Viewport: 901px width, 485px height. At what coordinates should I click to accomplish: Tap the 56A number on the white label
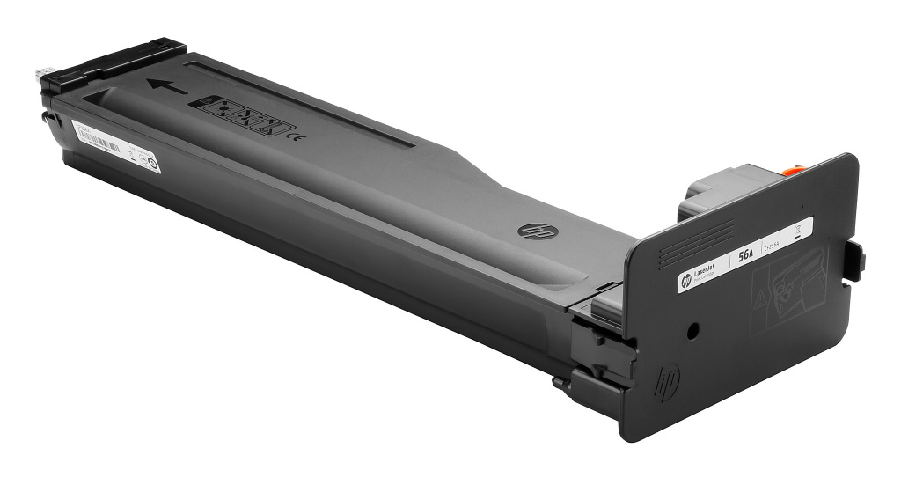click(745, 254)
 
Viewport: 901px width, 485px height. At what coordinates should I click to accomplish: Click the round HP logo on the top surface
click(531, 231)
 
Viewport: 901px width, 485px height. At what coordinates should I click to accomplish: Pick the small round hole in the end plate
click(692, 333)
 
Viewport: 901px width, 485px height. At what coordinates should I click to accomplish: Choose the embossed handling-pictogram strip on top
click(241, 117)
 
